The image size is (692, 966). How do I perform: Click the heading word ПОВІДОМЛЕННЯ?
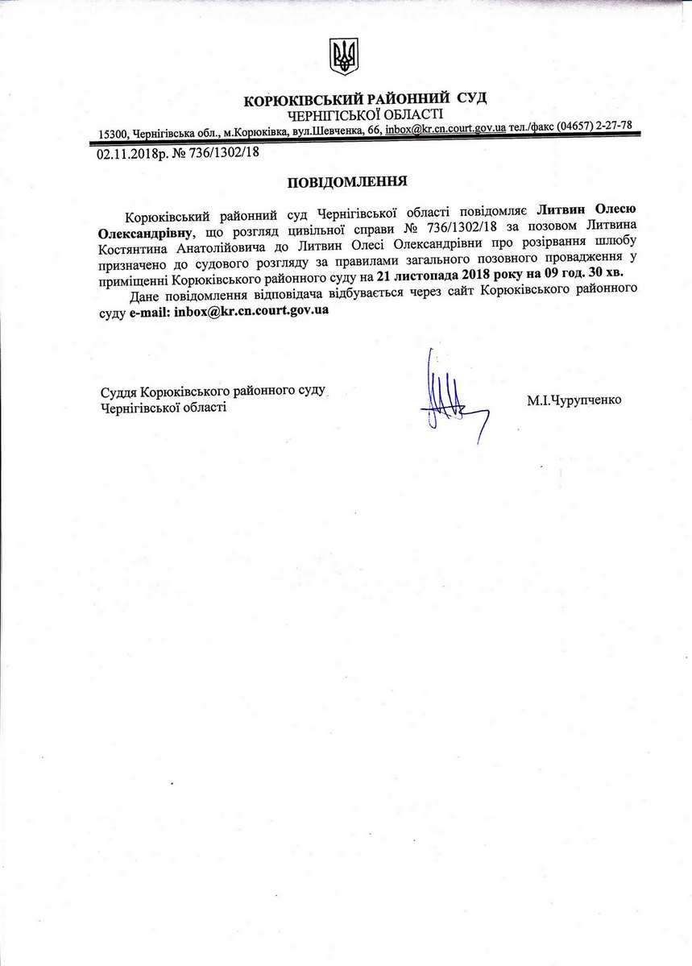(346, 182)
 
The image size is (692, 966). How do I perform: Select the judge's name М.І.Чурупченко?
(575, 399)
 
